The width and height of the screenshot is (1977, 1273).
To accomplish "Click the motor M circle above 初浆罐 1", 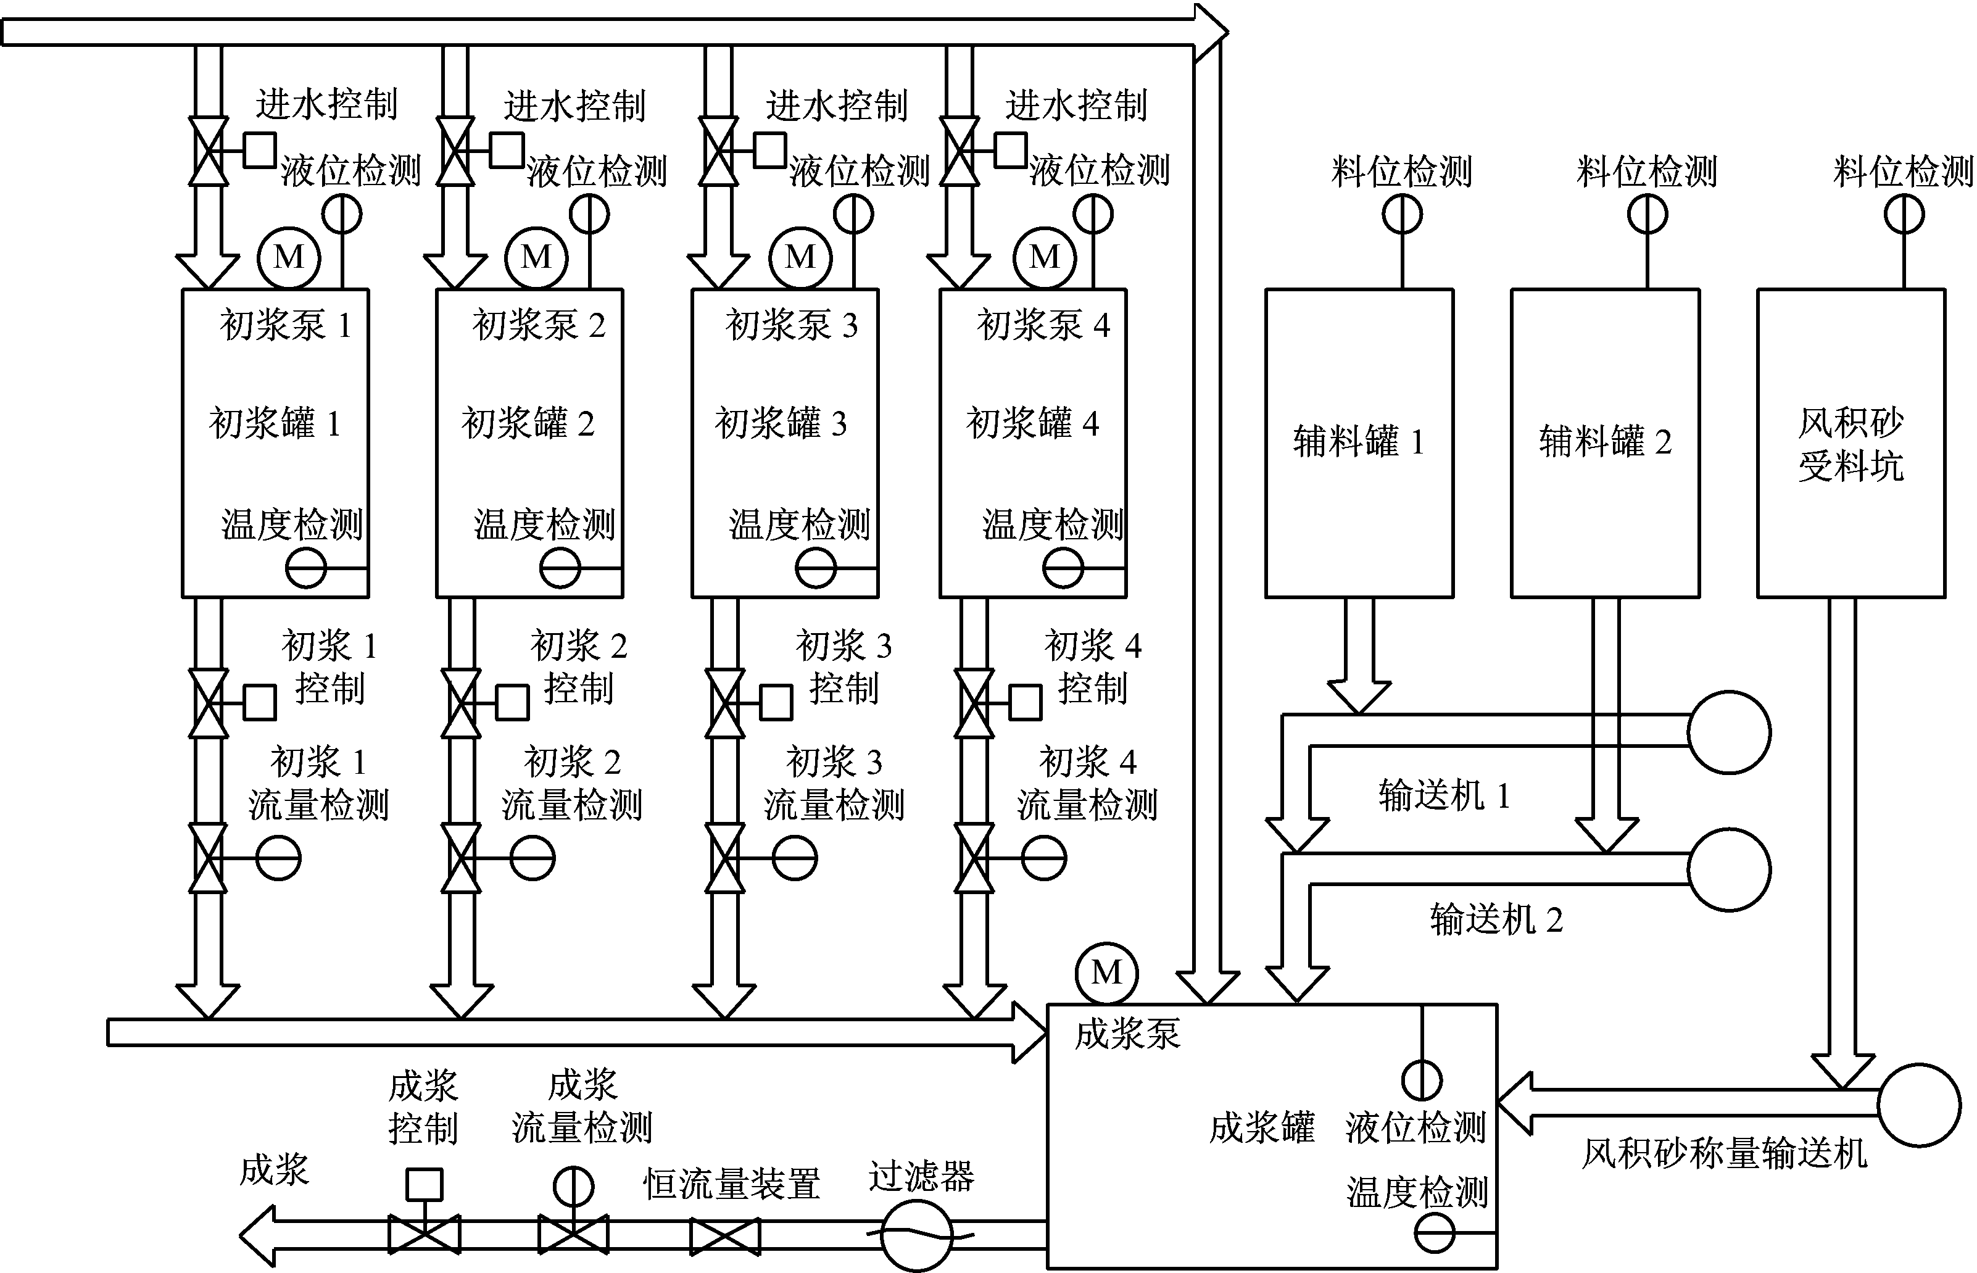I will point(288,257).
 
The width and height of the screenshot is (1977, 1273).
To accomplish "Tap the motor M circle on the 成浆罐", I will point(1107,973).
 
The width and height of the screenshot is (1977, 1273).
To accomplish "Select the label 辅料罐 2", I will point(1605,442).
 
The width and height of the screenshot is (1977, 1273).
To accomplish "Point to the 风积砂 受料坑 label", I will point(1851,445).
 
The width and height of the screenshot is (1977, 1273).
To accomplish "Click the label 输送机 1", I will point(1444,795).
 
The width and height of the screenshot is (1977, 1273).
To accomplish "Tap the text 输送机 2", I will point(1496,919).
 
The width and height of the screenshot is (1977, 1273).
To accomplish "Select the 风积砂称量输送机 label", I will point(1724,1154).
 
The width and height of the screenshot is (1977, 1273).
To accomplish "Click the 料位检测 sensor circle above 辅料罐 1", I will point(1403,215).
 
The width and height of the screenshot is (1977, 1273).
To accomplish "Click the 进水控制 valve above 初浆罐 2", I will point(455,151).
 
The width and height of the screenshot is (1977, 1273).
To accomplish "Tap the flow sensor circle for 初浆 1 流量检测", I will point(278,858).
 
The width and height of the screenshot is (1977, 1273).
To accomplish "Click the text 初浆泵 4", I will point(1043,325).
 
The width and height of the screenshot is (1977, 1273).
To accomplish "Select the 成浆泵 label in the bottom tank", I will point(1127,1034).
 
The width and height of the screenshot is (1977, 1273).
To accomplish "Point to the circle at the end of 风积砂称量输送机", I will point(1919,1105).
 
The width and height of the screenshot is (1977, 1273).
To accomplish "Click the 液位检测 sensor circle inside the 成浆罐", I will point(1422,1080).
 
